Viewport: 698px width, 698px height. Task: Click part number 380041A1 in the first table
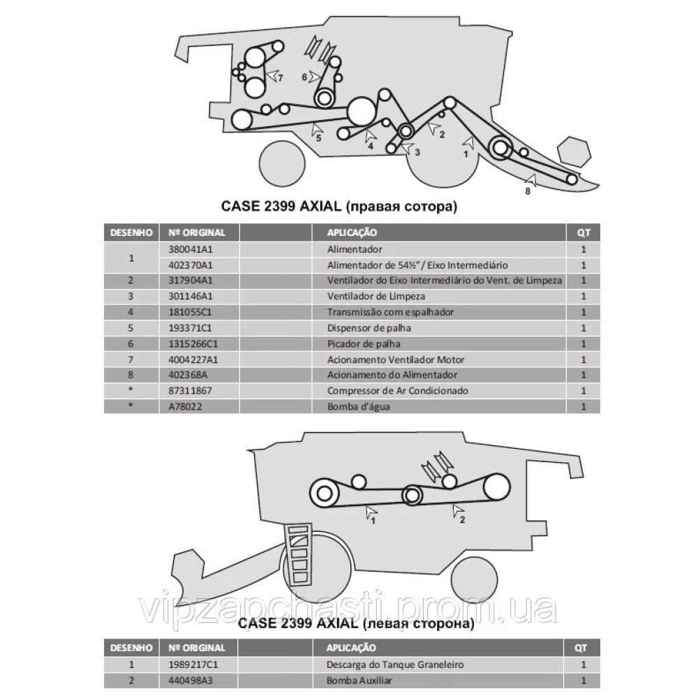[x=191, y=249]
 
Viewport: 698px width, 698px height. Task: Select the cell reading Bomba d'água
[x=358, y=406]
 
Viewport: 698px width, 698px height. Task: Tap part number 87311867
[x=190, y=391]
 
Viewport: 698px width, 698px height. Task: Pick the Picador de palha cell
[x=364, y=343]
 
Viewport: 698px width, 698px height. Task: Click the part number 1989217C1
[x=193, y=664]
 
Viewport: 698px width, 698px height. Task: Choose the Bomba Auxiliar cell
[x=359, y=681]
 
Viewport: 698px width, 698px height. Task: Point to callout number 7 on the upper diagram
[x=281, y=78]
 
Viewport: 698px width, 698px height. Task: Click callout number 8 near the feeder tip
[x=528, y=191]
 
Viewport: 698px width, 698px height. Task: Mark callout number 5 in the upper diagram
[x=318, y=138]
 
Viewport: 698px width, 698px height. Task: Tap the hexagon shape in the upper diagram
[x=574, y=151]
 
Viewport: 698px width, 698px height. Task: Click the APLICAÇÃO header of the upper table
[x=352, y=232]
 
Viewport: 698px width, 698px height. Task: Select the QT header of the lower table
[x=581, y=648]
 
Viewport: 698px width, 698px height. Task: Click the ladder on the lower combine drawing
[x=298, y=555]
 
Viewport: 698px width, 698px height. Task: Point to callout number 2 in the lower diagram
[x=463, y=519]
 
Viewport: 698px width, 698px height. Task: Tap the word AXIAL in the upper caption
[x=320, y=206]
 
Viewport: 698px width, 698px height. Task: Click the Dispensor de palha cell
[x=369, y=328]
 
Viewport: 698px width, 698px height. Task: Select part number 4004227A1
[x=193, y=359]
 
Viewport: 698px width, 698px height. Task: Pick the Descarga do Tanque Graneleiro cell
[x=395, y=664]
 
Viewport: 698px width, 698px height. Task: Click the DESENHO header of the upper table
[x=131, y=232]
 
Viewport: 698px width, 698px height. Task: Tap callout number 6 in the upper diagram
[x=304, y=77]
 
